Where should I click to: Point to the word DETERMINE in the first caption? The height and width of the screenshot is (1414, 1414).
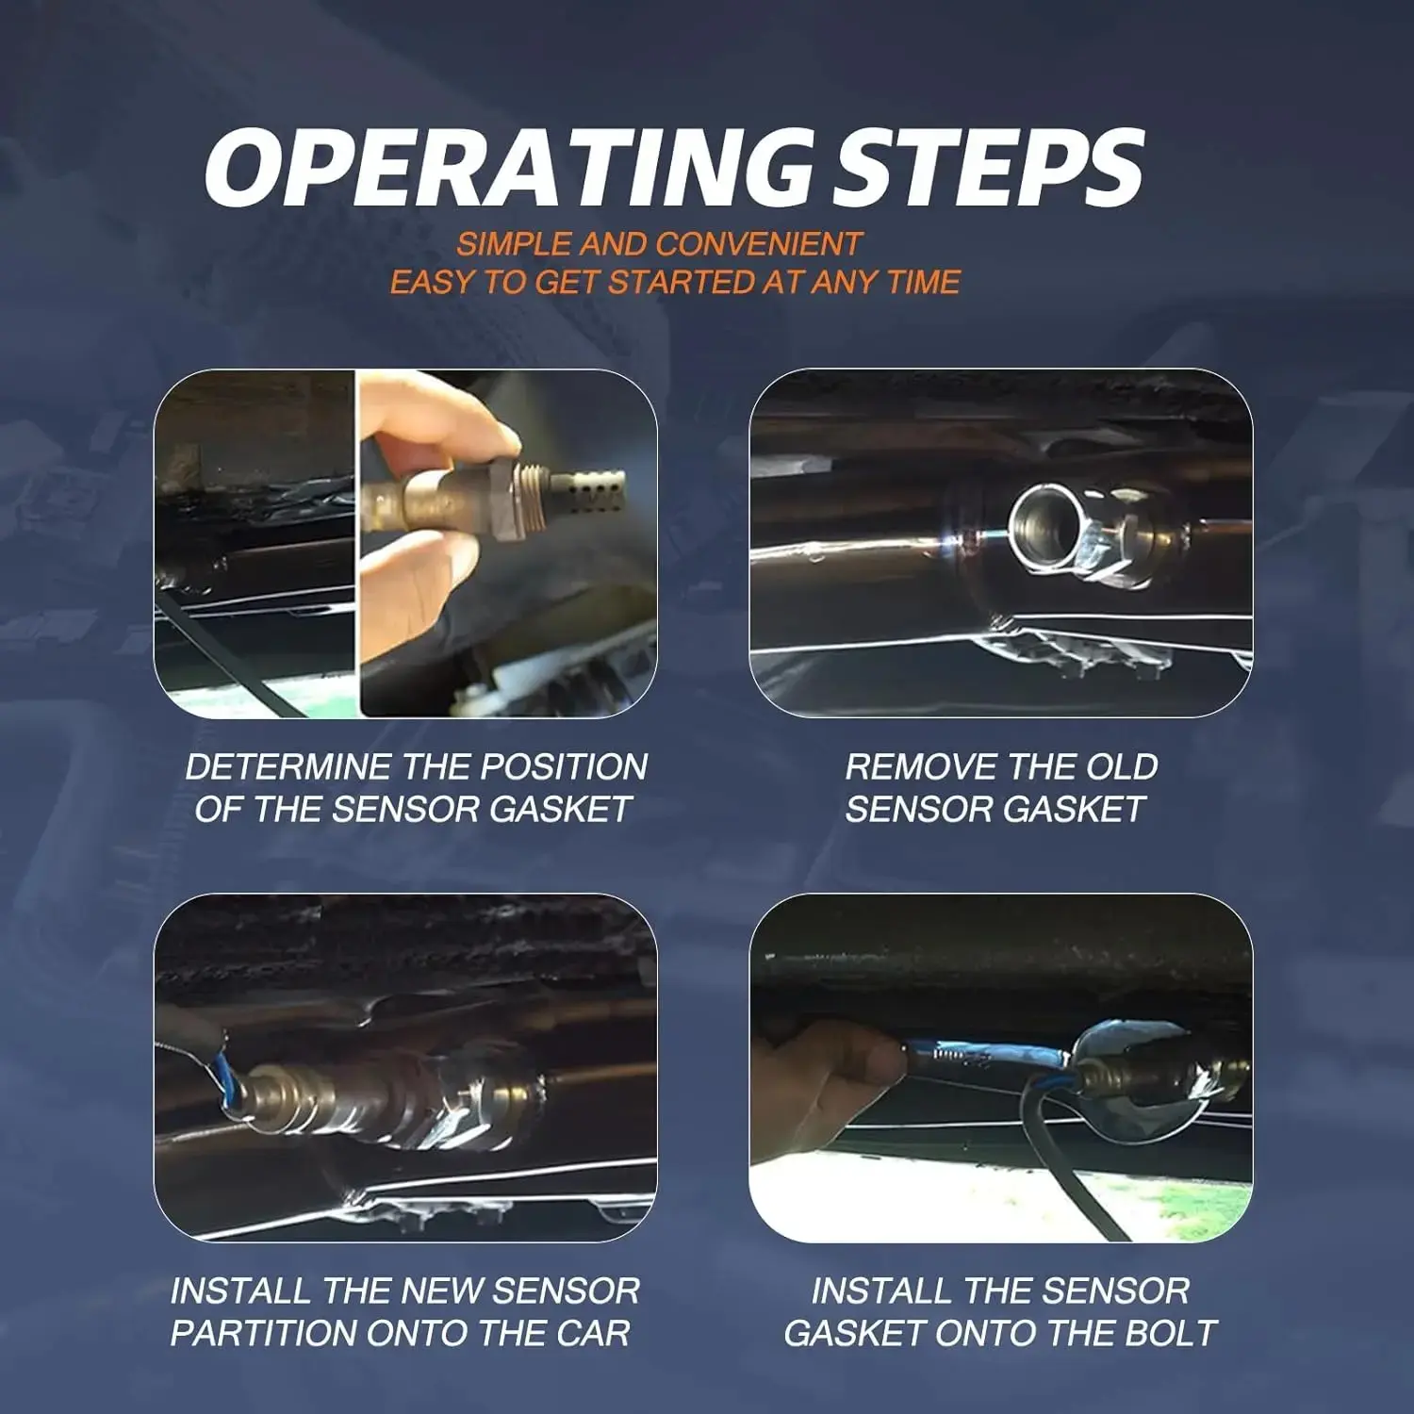(288, 766)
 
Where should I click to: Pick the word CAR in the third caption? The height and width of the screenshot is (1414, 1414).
(593, 1333)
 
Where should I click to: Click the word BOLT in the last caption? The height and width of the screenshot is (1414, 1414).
(1171, 1333)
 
